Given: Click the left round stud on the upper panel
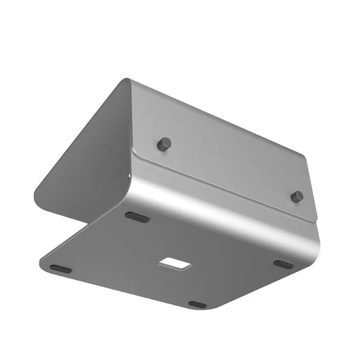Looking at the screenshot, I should coord(164,144).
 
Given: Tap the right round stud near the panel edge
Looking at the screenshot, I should coord(297,197).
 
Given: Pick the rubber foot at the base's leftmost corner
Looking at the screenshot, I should coord(60,269).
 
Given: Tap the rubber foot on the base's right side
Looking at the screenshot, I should coord(283,264).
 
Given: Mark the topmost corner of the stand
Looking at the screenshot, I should coord(125,79).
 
